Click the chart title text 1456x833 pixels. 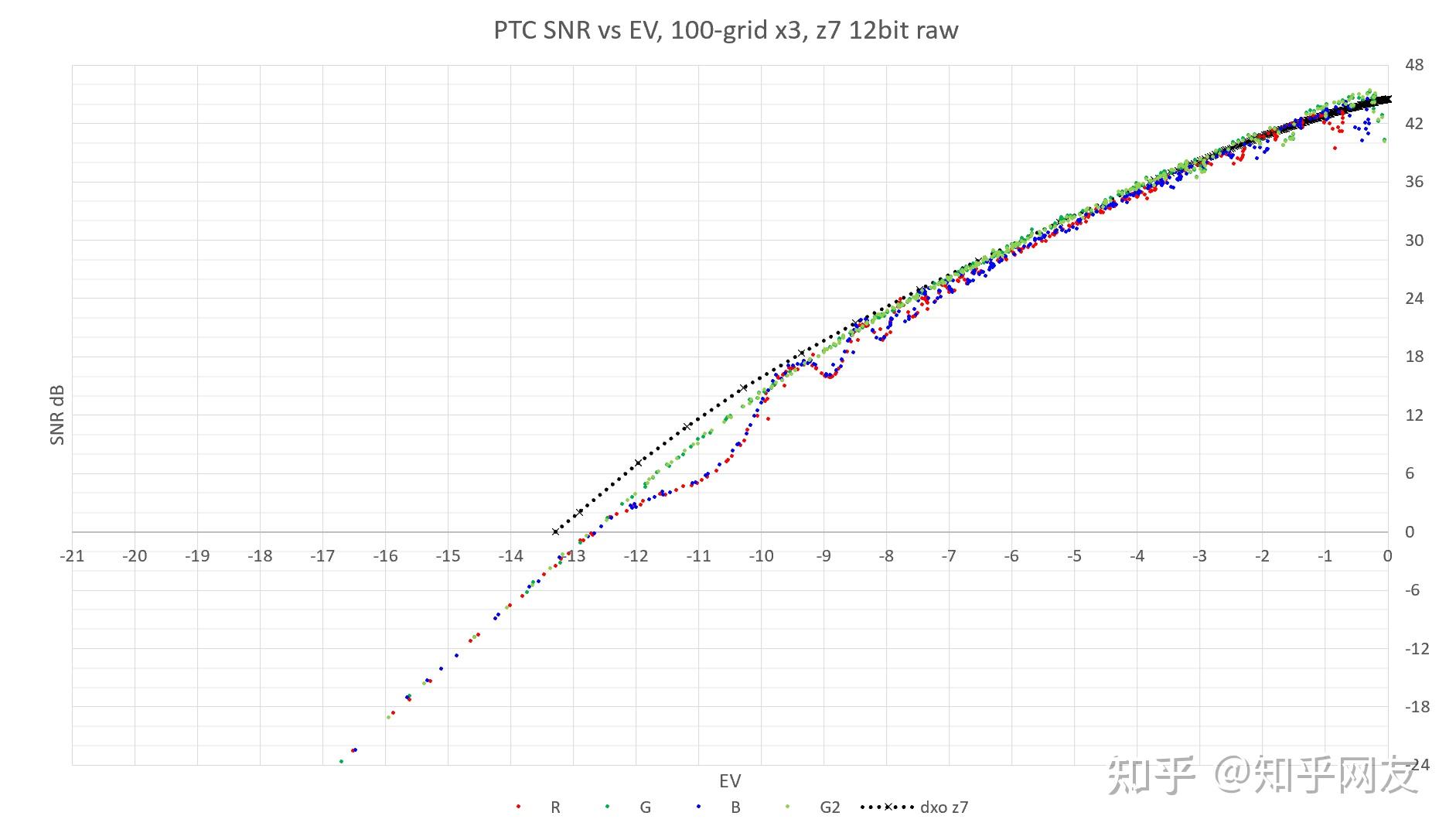tap(726, 30)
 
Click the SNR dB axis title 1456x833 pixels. tap(57, 415)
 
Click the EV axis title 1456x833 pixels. tap(730, 781)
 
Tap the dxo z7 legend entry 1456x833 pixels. tap(915, 807)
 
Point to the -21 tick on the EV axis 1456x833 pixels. tap(72, 556)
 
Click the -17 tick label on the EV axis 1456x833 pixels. tap(322, 556)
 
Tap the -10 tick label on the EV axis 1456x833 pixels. tap(761, 556)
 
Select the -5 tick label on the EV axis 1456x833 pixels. tap(1074, 556)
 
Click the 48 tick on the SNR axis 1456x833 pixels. tap(1414, 65)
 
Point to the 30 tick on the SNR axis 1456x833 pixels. tap(1414, 241)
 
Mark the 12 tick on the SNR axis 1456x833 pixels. tap(1414, 415)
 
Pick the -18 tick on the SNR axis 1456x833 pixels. tap(1417, 707)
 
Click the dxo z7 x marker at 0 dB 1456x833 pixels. tap(555, 532)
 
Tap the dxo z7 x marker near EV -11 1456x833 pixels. tap(687, 427)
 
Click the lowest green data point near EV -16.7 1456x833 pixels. tap(341, 762)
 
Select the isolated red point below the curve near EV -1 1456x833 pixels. tap(1335, 148)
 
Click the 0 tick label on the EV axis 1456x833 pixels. tap(1387, 556)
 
